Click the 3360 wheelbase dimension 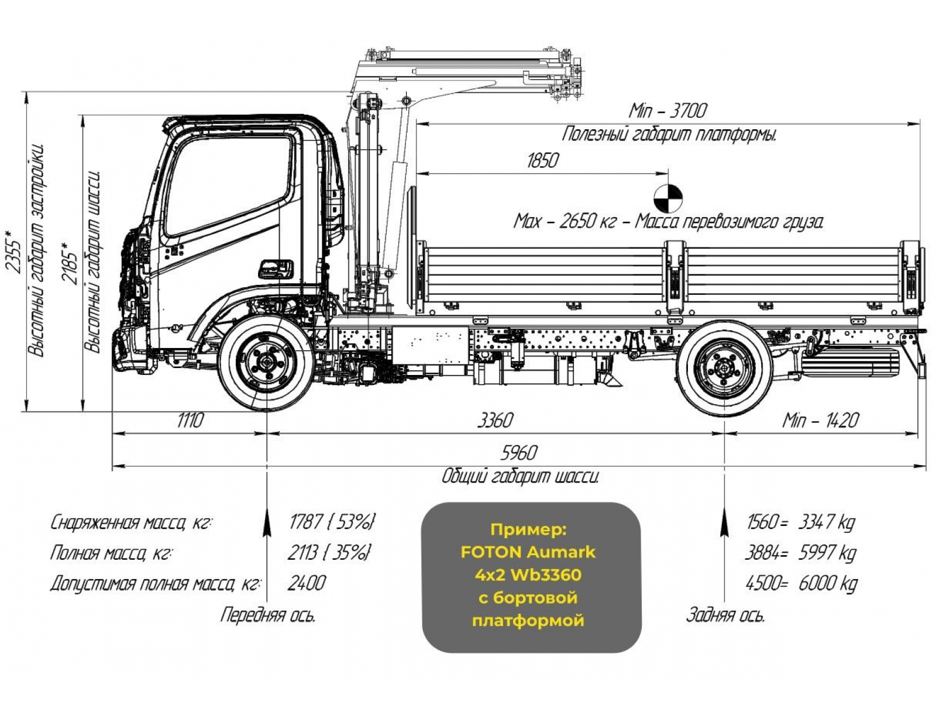495,420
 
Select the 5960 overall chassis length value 519,453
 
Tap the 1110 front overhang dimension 190,420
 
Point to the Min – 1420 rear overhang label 821,420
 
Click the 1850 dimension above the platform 542,160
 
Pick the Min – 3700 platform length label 667,110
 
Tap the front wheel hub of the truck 266,363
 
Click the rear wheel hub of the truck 724,368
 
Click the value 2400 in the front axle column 306,583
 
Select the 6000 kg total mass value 827,583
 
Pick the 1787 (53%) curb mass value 332,521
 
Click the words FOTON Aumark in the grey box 528,552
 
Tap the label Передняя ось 267,615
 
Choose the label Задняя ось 725,615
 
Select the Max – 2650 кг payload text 565,222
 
